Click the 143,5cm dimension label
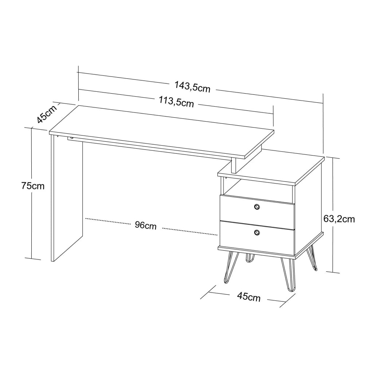pos(192,87)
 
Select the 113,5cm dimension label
pos(176,102)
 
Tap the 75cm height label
pos(33,185)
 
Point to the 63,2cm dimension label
pos(339,219)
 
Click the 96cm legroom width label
pos(146,225)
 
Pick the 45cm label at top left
pos(47,114)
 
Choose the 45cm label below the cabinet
pos(249,297)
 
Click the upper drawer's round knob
pos(257,207)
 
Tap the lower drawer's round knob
pos(257,232)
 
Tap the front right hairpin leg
pos(288,275)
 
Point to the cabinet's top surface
pos(271,168)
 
